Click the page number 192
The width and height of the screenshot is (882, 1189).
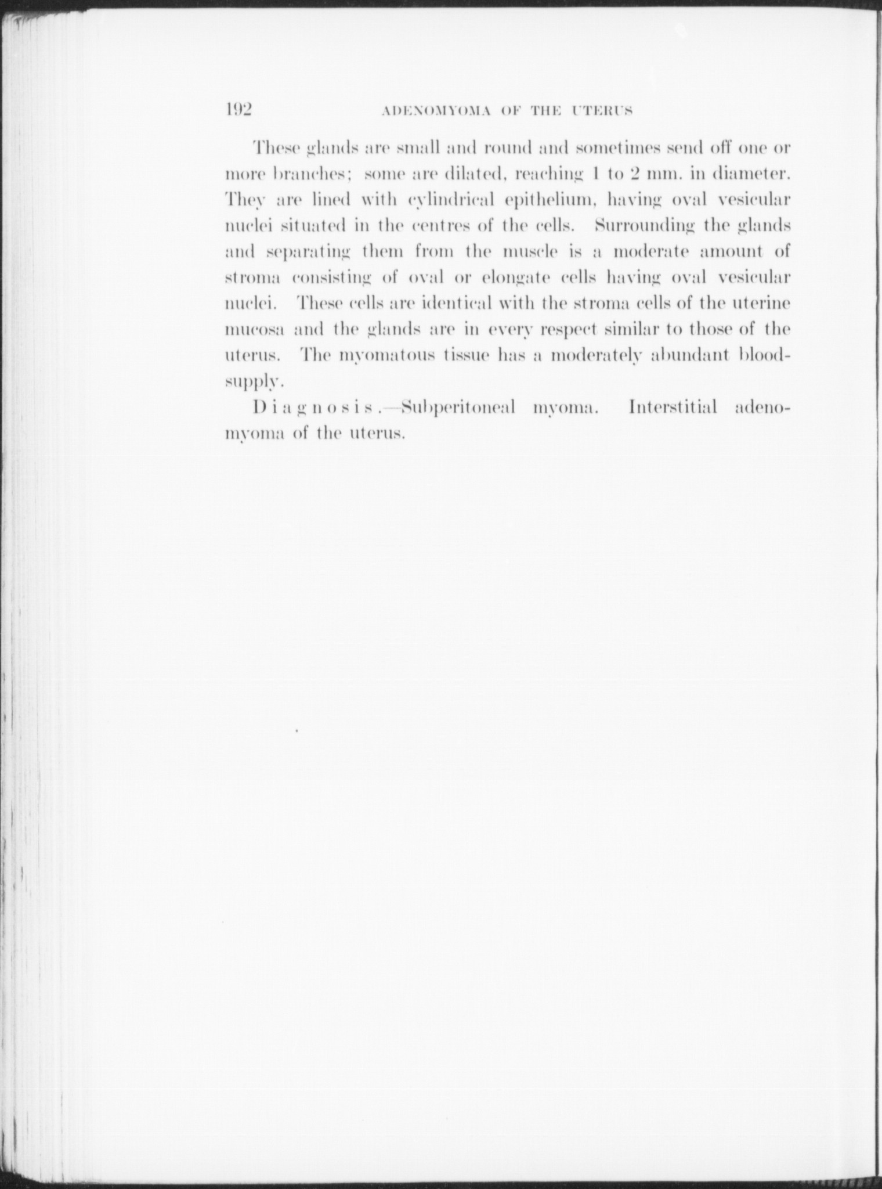[237, 109]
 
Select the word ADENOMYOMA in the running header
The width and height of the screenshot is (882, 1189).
[436, 111]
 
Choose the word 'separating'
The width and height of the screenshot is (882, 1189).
[308, 253]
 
